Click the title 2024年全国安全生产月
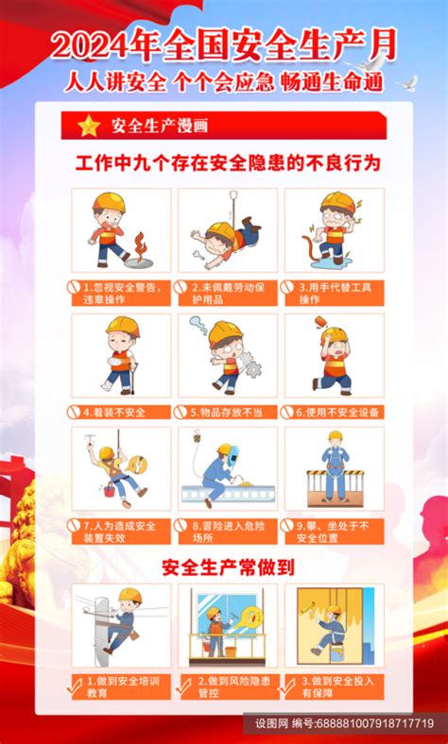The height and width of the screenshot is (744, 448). pos(224,45)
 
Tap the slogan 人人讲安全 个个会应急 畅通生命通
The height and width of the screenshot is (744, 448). pos(224,82)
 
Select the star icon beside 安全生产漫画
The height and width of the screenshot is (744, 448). pos(88,126)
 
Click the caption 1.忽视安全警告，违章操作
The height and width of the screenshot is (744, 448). pos(121,293)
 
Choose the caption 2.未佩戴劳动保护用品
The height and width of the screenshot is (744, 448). pos(228,293)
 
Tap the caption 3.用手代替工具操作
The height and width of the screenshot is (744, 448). pos(335,293)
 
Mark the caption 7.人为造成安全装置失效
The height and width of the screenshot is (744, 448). pos(121,531)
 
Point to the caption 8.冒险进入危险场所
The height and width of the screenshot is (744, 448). pos(228,531)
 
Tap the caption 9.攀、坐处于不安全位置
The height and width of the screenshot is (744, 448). pos(335,531)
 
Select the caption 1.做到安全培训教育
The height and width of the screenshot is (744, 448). pos(121,685)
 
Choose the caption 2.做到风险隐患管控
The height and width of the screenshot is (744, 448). pos(228,685)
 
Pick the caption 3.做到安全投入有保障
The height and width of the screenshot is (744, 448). pos(335,685)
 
